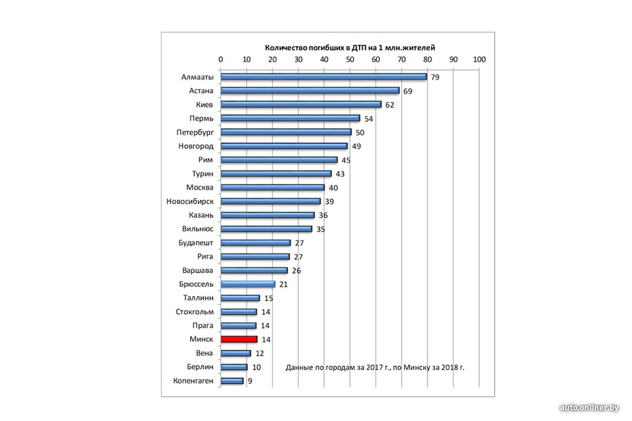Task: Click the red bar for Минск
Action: tap(239, 339)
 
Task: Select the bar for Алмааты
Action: tap(323, 76)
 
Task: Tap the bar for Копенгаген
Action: tap(232, 381)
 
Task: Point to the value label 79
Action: tap(435, 77)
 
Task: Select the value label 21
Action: tap(284, 284)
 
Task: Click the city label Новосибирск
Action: tap(190, 201)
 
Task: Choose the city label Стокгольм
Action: tap(195, 312)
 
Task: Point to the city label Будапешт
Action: tap(196, 243)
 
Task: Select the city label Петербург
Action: tap(195, 132)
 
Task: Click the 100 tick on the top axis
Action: tap(479, 59)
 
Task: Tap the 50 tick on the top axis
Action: tap(350, 59)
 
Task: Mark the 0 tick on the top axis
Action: tap(221, 59)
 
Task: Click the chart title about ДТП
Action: tap(349, 48)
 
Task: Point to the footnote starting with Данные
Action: tap(375, 367)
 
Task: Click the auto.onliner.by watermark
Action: tap(589, 408)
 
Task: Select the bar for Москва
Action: tap(272, 188)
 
